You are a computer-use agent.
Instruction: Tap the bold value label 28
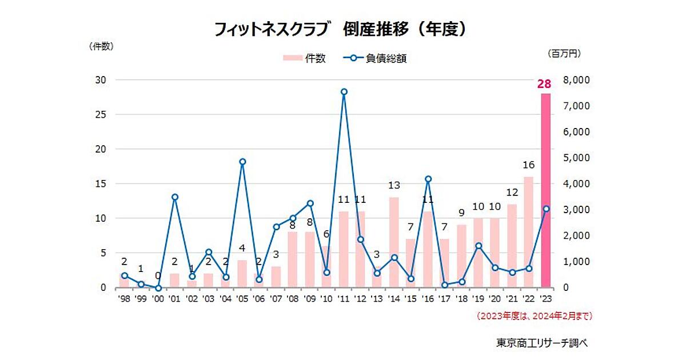pos(544,85)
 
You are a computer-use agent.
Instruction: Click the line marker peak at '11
pos(344,91)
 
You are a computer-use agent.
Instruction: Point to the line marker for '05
pos(242,162)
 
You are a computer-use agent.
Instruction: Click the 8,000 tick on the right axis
pos(576,80)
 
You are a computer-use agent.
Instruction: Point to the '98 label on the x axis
pos(125,298)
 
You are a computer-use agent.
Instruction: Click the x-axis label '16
pos(428,298)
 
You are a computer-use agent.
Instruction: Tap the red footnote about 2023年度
pos(535,315)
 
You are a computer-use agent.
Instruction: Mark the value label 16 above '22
pos(528,165)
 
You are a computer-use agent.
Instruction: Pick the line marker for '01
pos(175,197)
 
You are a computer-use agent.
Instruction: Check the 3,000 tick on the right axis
pos(576,210)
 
